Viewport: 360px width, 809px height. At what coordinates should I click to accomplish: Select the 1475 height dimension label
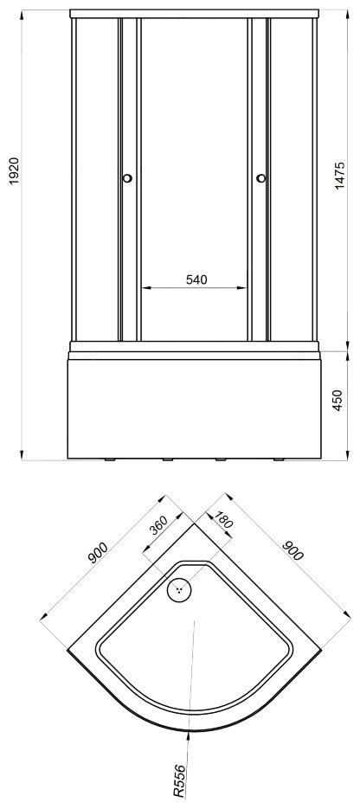coord(339,176)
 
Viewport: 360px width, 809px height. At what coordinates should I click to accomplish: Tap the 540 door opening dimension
coord(196,279)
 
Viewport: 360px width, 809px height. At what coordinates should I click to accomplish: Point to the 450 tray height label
coord(337,401)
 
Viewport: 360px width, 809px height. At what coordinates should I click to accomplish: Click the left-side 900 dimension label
coord(98,553)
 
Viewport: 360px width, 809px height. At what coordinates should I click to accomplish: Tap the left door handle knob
coord(127,178)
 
